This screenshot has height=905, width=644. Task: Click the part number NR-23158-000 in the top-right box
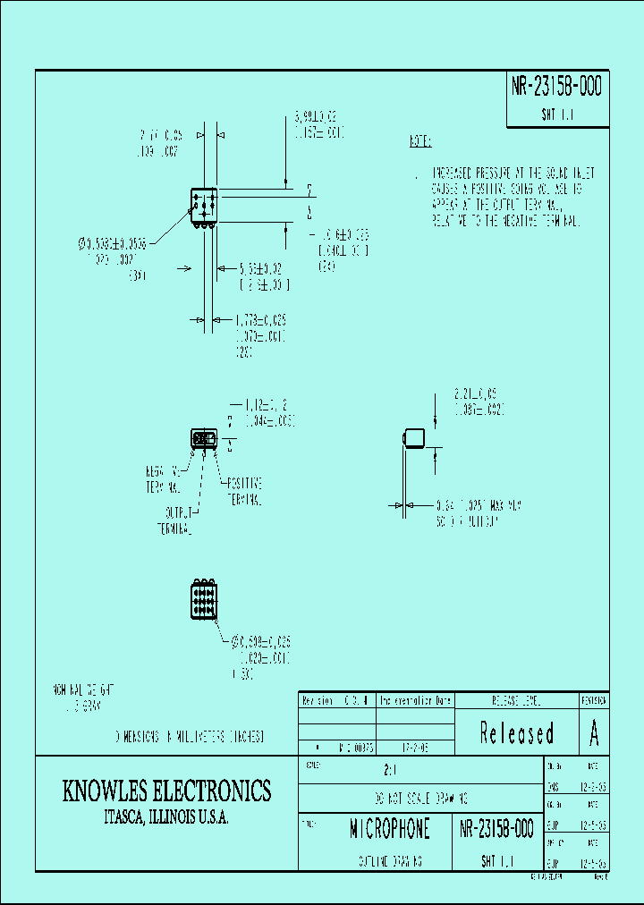[x=557, y=87]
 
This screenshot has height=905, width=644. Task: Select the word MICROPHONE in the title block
[x=389, y=829]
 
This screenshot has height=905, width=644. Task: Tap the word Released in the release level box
[x=516, y=733]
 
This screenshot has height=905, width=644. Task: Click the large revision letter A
[x=594, y=733]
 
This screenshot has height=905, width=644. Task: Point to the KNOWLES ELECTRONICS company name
[x=166, y=791]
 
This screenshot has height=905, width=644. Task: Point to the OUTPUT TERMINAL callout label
[x=176, y=521]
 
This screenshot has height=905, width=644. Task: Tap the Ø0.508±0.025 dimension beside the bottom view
[x=261, y=641]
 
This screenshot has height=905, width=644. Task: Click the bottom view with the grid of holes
[x=203, y=599]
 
